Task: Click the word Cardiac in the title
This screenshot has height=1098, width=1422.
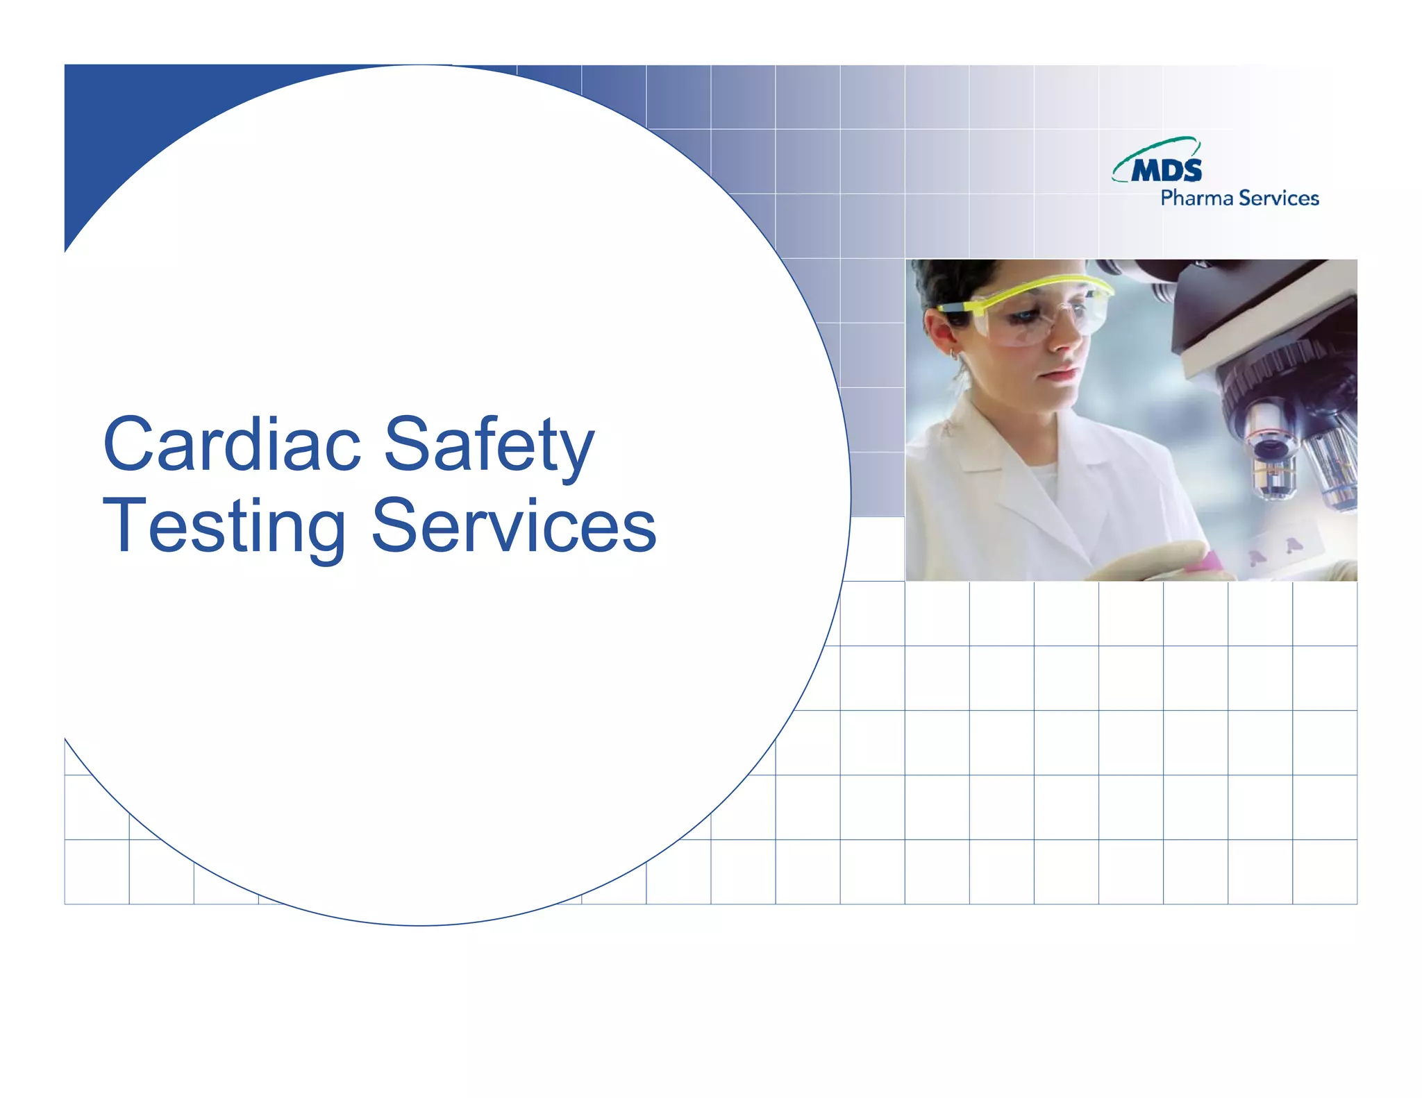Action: point(232,444)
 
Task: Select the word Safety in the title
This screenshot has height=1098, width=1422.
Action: point(489,444)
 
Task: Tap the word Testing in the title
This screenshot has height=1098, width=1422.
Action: point(224,526)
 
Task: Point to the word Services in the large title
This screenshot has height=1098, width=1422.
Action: point(514,526)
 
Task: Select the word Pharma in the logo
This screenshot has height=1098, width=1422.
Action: point(1196,199)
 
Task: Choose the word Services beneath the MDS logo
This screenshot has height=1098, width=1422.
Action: point(1278,199)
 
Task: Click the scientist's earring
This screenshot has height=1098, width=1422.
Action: point(955,355)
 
